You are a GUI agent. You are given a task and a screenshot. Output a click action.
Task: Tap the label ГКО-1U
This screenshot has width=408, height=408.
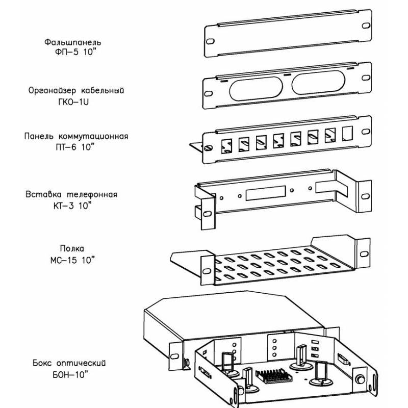click(76, 101)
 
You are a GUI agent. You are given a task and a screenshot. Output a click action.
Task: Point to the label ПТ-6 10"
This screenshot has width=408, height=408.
click(76, 147)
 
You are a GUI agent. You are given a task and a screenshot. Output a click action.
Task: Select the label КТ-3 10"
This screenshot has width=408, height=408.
click(72, 206)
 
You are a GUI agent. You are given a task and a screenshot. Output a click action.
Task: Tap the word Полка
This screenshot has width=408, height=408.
click(71, 249)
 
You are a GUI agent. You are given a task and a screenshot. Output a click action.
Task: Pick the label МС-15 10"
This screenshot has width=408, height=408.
click(72, 260)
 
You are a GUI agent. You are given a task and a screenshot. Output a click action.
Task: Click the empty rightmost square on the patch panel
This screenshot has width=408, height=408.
click(348, 132)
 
